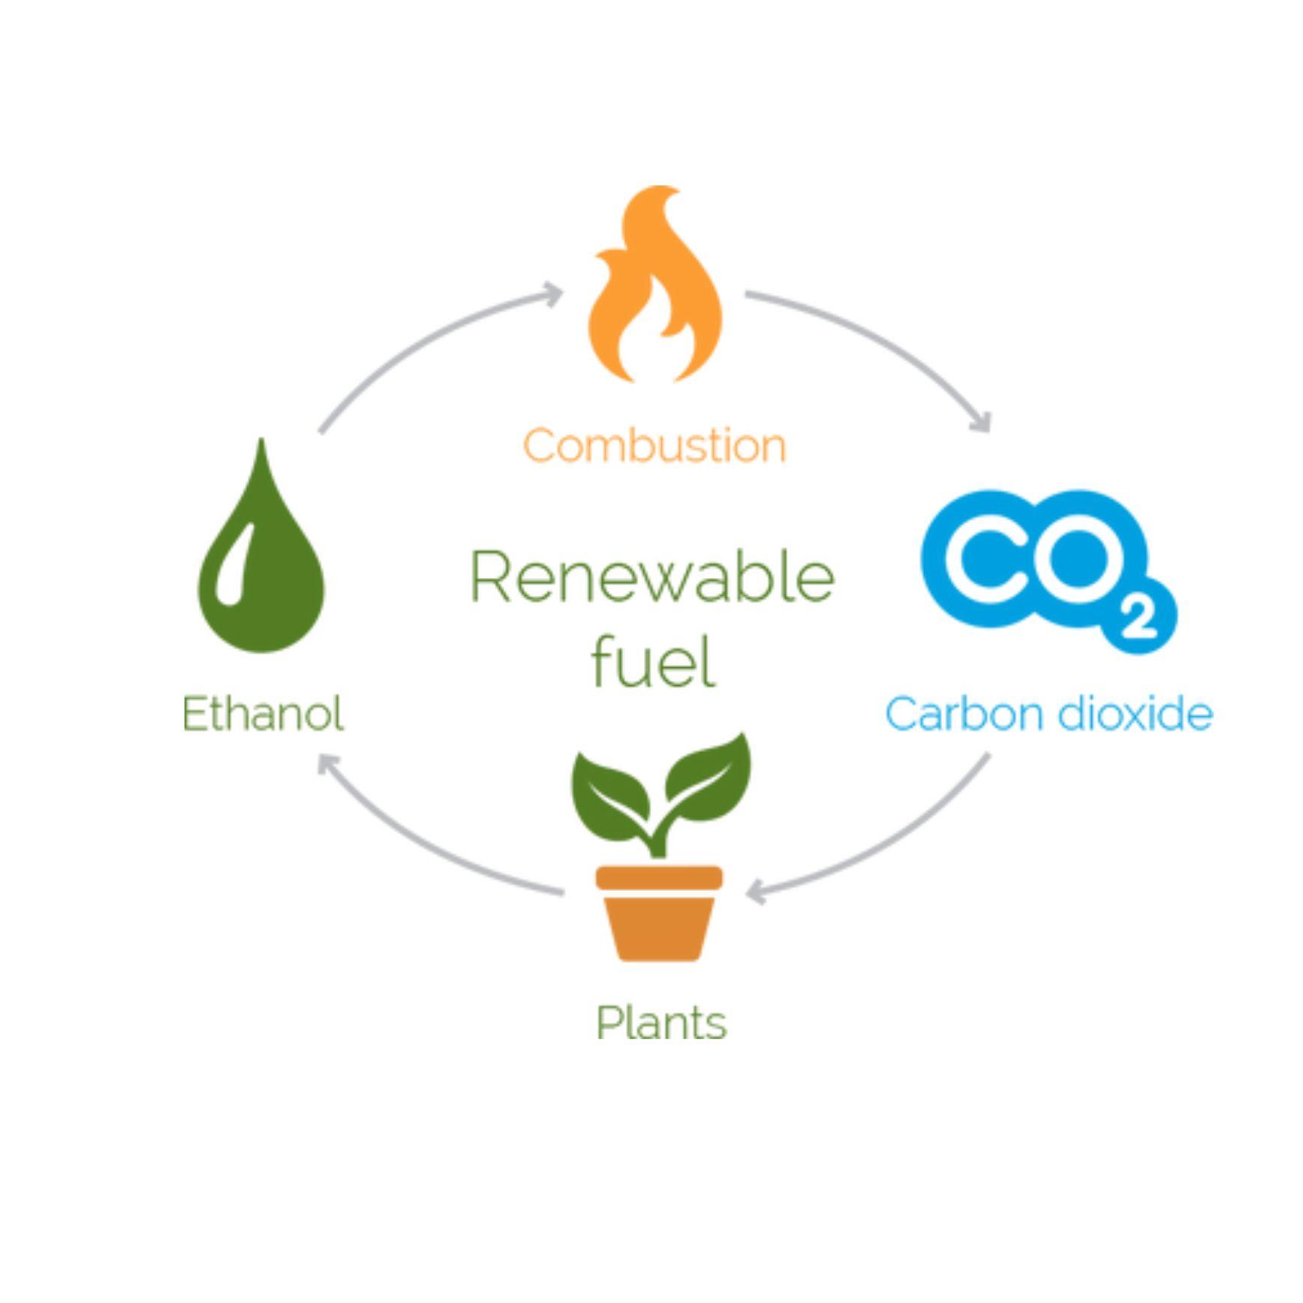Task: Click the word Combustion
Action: (655, 446)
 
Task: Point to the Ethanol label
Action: (263, 713)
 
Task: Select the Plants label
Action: (661, 1022)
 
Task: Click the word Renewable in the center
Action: (651, 578)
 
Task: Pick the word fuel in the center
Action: (651, 662)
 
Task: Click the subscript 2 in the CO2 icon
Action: (1139, 620)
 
